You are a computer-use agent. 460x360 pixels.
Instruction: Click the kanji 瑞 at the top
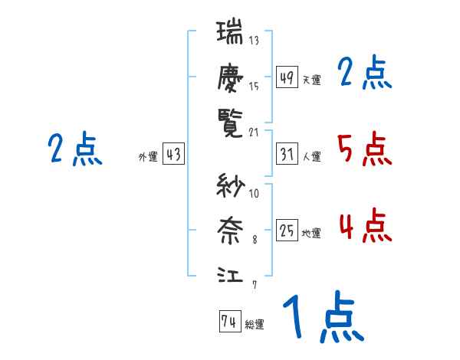click(x=229, y=35)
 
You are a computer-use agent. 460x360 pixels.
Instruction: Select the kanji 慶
click(x=229, y=78)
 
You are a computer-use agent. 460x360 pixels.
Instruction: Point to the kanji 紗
click(x=229, y=187)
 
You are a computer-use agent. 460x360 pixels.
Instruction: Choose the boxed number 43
click(x=173, y=155)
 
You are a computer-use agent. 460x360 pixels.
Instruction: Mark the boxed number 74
click(x=229, y=322)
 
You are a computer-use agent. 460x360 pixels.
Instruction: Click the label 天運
click(x=311, y=80)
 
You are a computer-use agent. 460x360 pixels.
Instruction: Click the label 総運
click(x=255, y=324)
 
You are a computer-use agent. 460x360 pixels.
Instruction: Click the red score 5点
click(x=364, y=149)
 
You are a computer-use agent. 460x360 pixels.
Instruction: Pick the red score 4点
click(x=364, y=225)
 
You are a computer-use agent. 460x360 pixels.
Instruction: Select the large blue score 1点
click(x=322, y=317)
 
